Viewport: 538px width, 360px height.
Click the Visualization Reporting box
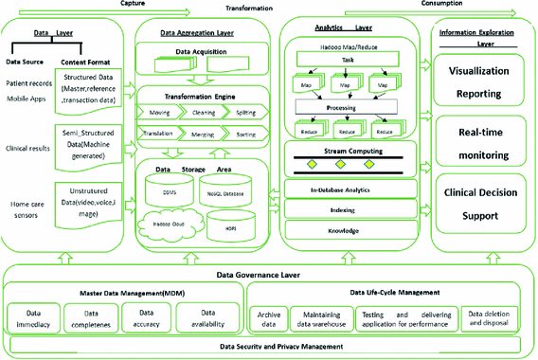pyautogui.click(x=484, y=82)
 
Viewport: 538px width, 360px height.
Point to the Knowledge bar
pyautogui.click(x=355, y=231)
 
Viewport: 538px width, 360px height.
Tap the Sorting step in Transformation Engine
pyautogui.click(x=244, y=135)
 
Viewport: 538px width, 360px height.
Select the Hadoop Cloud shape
pyautogui.click(x=172, y=225)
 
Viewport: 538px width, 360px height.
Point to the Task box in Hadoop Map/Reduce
pyautogui.click(x=353, y=57)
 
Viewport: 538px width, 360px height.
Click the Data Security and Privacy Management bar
pyautogui.click(x=269, y=349)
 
